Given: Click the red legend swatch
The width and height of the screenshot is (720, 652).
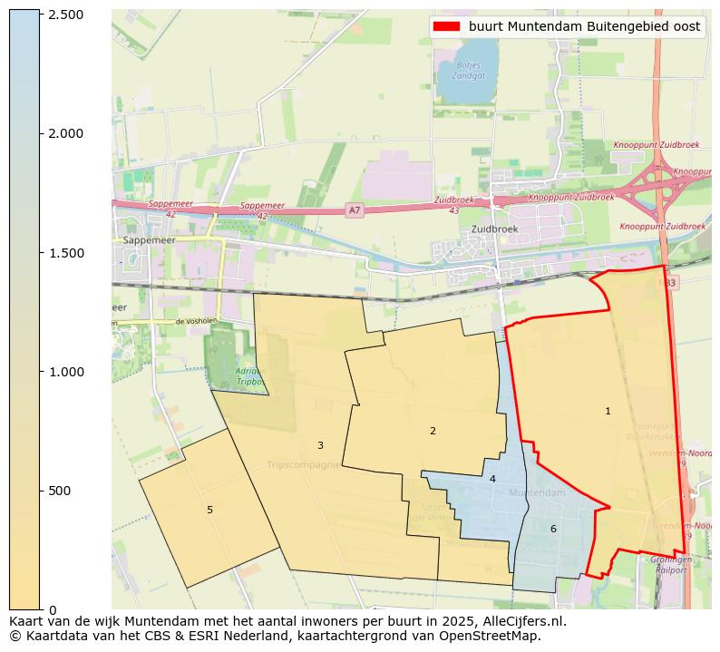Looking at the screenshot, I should (447, 26).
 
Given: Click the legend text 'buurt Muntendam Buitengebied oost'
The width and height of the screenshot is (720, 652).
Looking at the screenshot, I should (584, 26).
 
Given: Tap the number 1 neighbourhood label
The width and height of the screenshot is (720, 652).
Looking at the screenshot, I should (608, 412).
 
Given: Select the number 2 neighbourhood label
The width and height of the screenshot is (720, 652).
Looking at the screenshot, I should (433, 431).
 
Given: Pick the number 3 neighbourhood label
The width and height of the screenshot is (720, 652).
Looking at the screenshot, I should (320, 445).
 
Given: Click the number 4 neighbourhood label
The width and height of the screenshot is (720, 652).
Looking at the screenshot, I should (492, 479).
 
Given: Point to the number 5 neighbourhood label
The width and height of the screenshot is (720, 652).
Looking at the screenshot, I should (209, 510).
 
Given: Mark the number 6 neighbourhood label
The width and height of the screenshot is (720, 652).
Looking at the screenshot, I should (553, 529).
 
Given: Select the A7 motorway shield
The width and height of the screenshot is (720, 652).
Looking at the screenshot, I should (355, 210).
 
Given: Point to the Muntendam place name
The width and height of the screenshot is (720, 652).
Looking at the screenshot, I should (536, 492).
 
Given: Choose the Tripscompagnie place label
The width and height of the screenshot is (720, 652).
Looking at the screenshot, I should (304, 465).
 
